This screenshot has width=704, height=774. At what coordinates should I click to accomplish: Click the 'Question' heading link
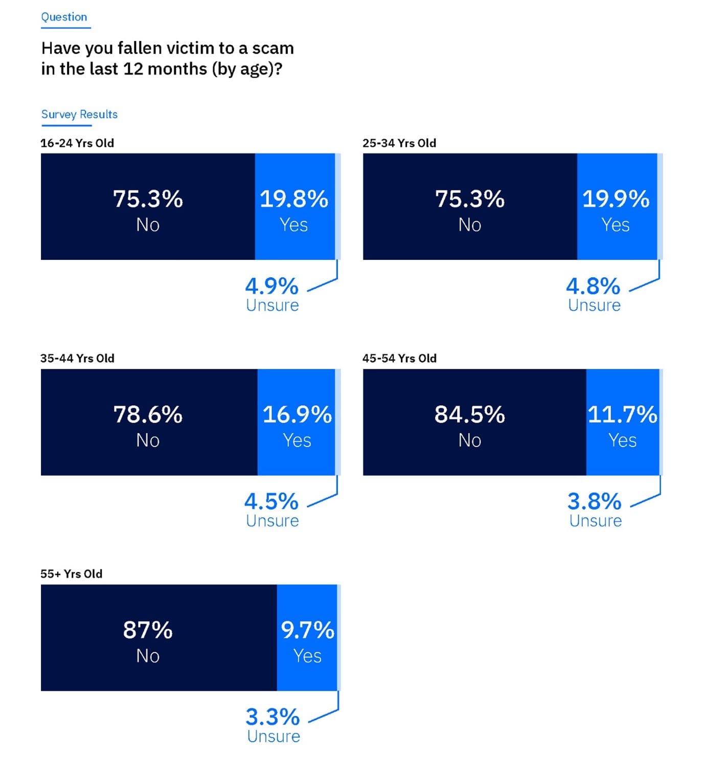pyautogui.click(x=64, y=17)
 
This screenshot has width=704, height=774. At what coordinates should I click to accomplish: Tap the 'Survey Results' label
pyautogui.click(x=79, y=114)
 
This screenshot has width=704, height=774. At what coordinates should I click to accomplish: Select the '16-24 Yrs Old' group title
pyautogui.click(x=77, y=143)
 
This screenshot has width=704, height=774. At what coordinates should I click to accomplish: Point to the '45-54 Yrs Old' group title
pyautogui.click(x=399, y=358)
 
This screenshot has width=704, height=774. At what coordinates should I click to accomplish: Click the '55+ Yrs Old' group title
pyautogui.click(x=72, y=574)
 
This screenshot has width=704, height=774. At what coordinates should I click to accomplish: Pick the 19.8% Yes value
pyautogui.click(x=294, y=199)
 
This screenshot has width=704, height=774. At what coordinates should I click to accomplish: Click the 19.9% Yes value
pyautogui.click(x=616, y=199)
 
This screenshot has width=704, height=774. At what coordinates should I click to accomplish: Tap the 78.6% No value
pyautogui.click(x=148, y=414)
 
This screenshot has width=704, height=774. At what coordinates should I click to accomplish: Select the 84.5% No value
pyautogui.click(x=469, y=414)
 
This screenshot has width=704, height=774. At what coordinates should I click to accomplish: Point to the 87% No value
pyautogui.click(x=148, y=630)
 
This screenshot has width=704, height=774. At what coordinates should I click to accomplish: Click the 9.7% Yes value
pyautogui.click(x=307, y=630)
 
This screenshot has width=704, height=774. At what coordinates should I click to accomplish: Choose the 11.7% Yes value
pyautogui.click(x=622, y=414)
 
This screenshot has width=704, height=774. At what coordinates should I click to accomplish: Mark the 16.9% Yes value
pyautogui.click(x=297, y=414)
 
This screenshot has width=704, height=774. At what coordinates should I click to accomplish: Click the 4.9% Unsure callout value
pyautogui.click(x=271, y=286)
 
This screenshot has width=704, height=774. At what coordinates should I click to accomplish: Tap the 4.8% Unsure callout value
pyautogui.click(x=593, y=286)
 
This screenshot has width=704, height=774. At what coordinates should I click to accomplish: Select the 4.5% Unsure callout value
pyautogui.click(x=271, y=502)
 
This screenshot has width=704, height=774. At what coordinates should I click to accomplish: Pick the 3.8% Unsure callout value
pyautogui.click(x=595, y=502)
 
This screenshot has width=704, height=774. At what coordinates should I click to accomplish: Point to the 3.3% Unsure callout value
pyautogui.click(x=272, y=717)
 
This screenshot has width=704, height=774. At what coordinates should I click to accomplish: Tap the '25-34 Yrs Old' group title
pyautogui.click(x=399, y=143)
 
